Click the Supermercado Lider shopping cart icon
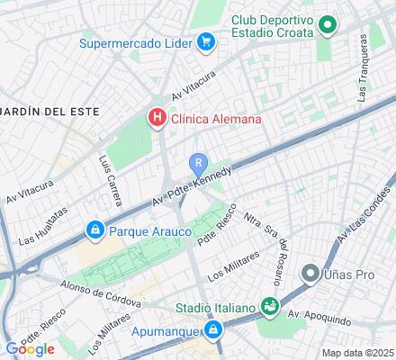206,41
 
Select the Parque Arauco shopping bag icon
94,231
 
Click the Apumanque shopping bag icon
212,331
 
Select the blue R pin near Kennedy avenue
198,164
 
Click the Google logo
30,349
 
